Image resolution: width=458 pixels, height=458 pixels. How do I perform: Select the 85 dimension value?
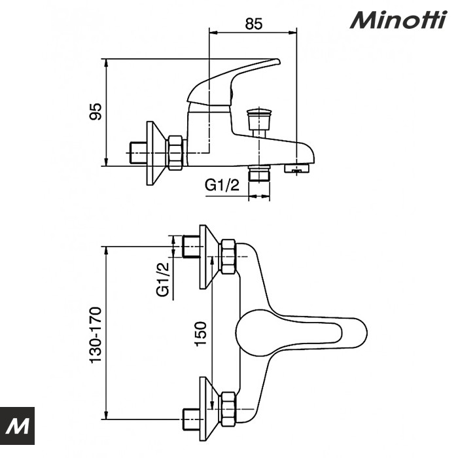tap(254, 24)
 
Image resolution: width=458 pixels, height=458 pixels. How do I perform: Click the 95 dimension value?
tap(96, 112)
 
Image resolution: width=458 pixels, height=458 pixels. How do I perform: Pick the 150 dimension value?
tap(202, 334)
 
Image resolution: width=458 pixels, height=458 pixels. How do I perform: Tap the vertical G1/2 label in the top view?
tap(164, 279)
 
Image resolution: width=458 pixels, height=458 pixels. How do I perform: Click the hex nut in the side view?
tap(175, 152)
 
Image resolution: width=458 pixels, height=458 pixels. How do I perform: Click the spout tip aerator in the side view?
tap(300, 169)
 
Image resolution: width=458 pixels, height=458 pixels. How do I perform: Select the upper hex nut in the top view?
tap(228, 256)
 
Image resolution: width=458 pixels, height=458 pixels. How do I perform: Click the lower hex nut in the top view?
tap(228, 407)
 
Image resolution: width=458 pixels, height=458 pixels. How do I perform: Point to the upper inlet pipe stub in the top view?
tap(192, 247)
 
